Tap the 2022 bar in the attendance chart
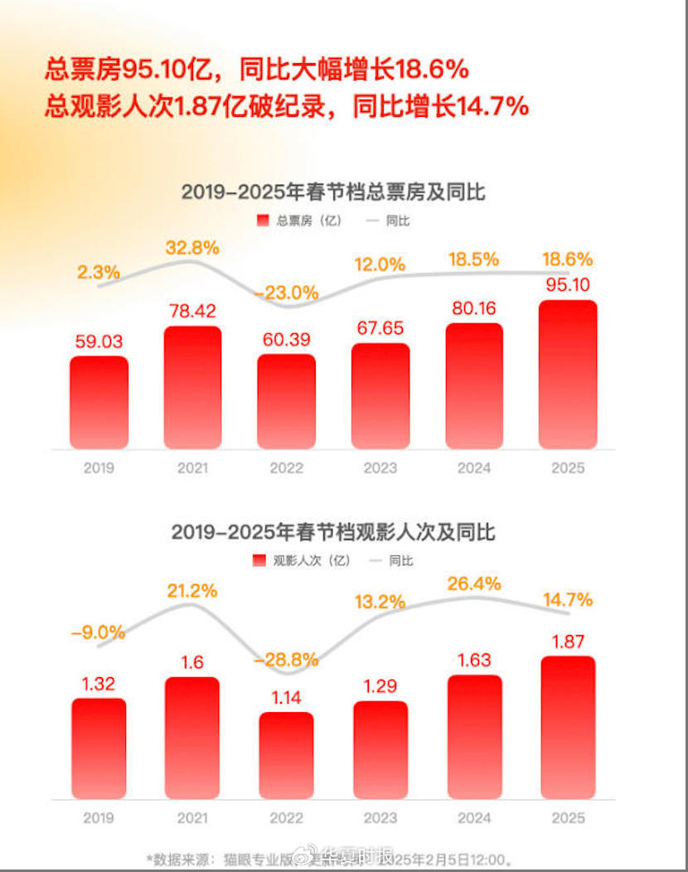tap(286, 755)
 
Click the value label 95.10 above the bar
tap(568, 285)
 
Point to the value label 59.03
tap(99, 342)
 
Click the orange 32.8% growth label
tap(192, 247)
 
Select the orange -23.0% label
tap(286, 293)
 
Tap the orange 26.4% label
tap(474, 584)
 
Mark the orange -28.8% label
tap(286, 660)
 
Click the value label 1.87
tap(568, 641)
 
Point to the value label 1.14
tap(286, 697)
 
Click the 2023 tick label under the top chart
tap(380, 468)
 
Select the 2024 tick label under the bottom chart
tap(474, 818)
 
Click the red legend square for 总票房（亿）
tap(263, 220)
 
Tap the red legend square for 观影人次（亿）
tap(259, 560)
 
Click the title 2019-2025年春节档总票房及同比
tap(333, 192)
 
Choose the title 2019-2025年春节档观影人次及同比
tap(333, 531)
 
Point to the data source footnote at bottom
tap(332, 859)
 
